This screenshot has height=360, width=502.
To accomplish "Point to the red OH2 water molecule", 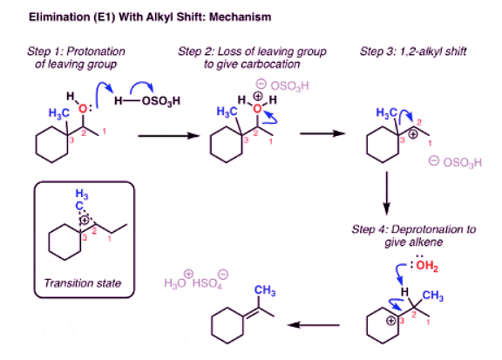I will point(417,267).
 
